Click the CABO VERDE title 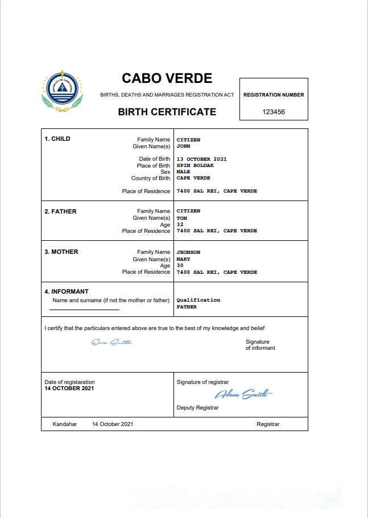click(x=167, y=78)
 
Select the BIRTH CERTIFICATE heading click(x=167, y=112)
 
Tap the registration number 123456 click(x=274, y=112)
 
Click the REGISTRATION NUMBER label click(x=274, y=95)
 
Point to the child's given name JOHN click(x=183, y=146)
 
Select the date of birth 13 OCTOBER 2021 click(x=201, y=159)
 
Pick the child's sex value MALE click(x=183, y=172)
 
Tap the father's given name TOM click(x=182, y=218)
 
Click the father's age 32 click(x=180, y=224)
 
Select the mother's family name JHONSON click(x=188, y=252)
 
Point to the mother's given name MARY click(x=183, y=259)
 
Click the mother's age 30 click(x=180, y=265)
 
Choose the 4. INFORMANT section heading click(x=67, y=292)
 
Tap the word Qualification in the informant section click(x=198, y=300)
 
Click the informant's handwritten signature click(x=111, y=342)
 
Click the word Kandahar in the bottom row click(x=64, y=424)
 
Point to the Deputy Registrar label click(x=197, y=408)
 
